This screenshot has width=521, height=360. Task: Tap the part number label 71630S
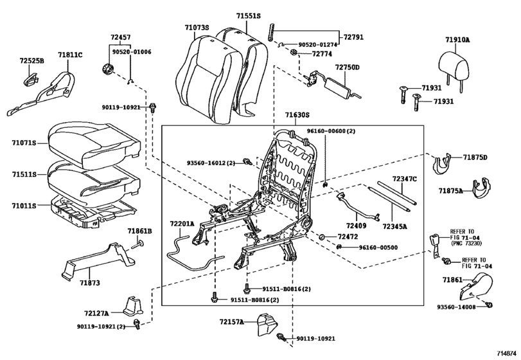pos(297,115)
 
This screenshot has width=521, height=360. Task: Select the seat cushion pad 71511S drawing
pos(94,179)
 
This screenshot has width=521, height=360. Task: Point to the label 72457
pos(121,37)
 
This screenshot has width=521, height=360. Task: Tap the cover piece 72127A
pos(133,305)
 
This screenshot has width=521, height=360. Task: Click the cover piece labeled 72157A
pos(268,323)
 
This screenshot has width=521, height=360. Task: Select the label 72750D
pos(347,67)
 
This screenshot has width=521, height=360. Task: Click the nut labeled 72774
pos(294,52)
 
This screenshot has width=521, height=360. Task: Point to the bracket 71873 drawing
pos(98,261)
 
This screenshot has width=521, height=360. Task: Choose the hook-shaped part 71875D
pos(443,163)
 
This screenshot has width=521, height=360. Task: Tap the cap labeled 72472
pos(321,237)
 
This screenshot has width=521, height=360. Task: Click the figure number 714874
pos(507,353)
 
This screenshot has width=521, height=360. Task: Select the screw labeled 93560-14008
pos(488,304)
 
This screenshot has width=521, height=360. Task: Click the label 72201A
pos(182,224)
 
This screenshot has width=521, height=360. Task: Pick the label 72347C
pos(404,179)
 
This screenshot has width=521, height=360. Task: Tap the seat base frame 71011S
pos(94,212)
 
